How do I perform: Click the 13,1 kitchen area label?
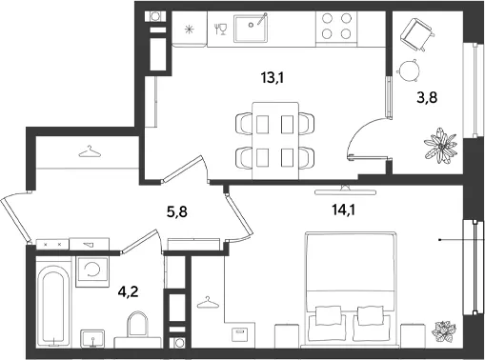[272, 78]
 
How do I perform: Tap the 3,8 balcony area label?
[427, 97]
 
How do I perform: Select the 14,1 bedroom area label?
[343, 210]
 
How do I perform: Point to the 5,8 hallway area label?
[177, 211]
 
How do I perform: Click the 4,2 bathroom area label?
[128, 291]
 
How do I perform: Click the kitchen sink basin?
[251, 28]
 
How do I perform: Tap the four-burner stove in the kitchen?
[336, 27]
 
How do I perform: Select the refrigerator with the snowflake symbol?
[190, 30]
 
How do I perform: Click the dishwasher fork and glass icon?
[220, 29]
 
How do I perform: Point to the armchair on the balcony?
[416, 34]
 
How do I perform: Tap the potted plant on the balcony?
[441, 146]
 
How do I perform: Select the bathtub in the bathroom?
[53, 306]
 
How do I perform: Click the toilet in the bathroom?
[137, 329]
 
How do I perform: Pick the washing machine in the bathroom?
[92, 271]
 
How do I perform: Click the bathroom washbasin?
[92, 339]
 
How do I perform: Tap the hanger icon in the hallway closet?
[90, 151]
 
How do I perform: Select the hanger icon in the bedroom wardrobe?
[208, 302]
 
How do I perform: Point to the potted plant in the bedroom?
[444, 332]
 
